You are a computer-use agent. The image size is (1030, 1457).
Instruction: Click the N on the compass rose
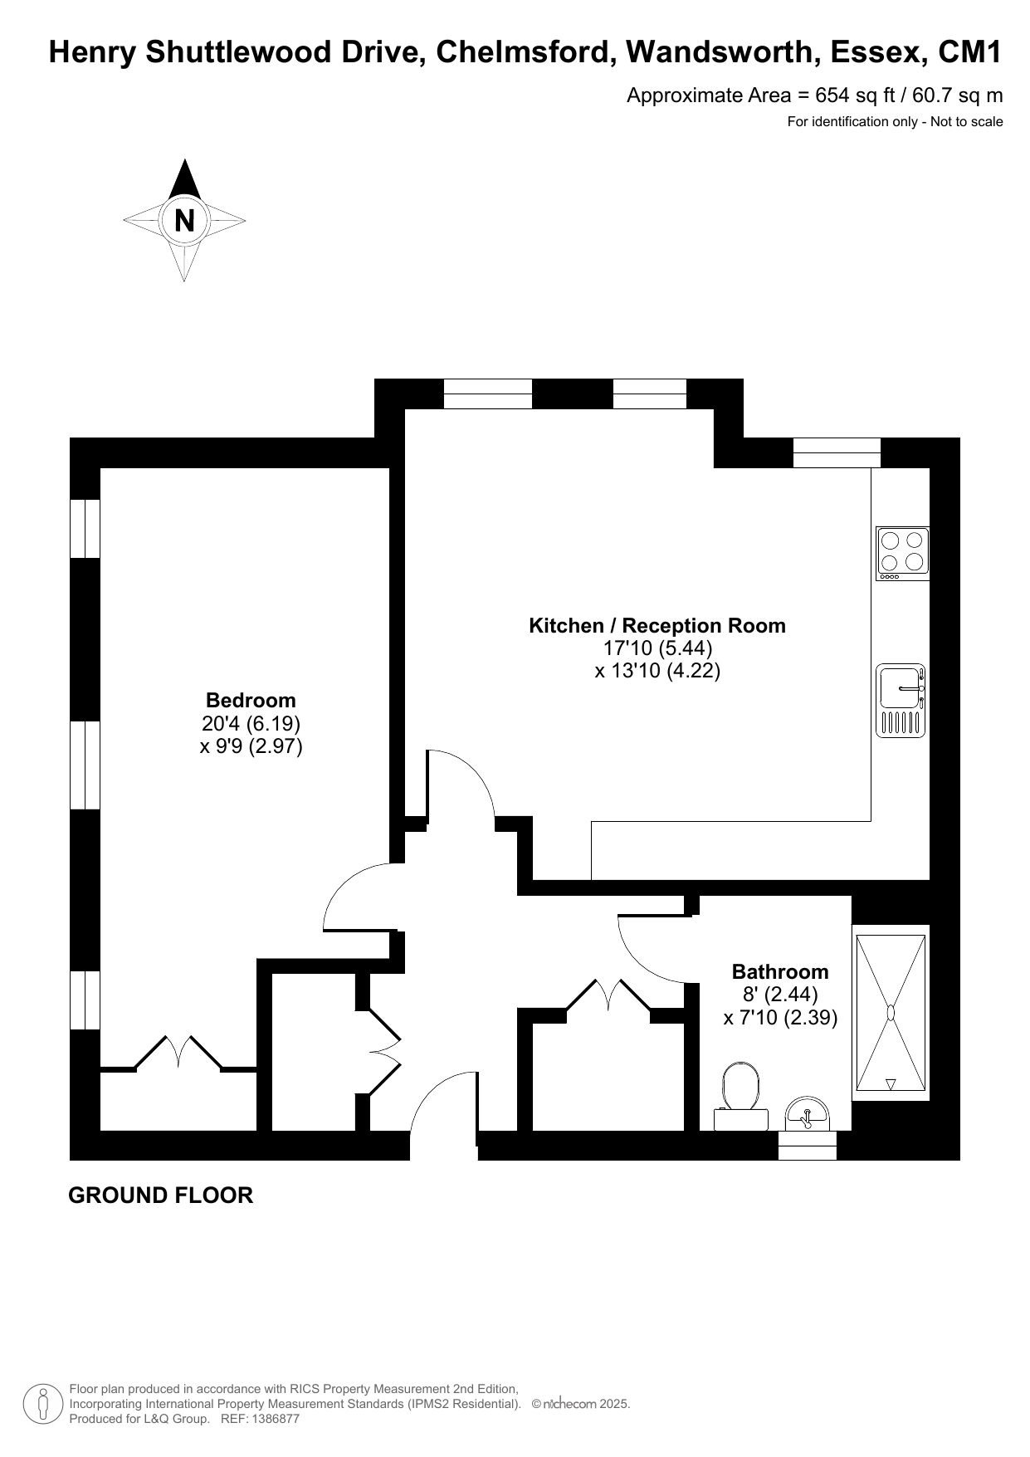click(x=184, y=221)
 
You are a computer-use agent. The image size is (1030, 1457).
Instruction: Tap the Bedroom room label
click(x=251, y=700)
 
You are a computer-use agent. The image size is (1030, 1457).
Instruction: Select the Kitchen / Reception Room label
click(x=657, y=625)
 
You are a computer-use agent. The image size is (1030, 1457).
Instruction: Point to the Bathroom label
click(x=780, y=971)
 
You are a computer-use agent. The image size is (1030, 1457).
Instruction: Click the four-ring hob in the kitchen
click(x=902, y=554)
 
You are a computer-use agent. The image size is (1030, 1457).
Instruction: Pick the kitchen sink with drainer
click(x=901, y=701)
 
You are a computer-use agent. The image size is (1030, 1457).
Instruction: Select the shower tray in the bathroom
click(x=891, y=1013)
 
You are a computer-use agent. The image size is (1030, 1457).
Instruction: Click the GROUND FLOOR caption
click(x=160, y=1195)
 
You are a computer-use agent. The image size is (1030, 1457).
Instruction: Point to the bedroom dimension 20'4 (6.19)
click(x=251, y=723)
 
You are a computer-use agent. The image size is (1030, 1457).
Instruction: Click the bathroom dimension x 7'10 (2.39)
click(x=780, y=1017)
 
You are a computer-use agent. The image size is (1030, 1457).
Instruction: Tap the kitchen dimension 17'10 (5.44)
click(x=657, y=648)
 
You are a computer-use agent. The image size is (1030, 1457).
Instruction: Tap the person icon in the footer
click(x=44, y=1404)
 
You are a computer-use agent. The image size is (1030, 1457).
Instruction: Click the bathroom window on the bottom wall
click(x=807, y=1146)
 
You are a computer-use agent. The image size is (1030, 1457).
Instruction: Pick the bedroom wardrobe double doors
click(x=178, y=1052)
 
